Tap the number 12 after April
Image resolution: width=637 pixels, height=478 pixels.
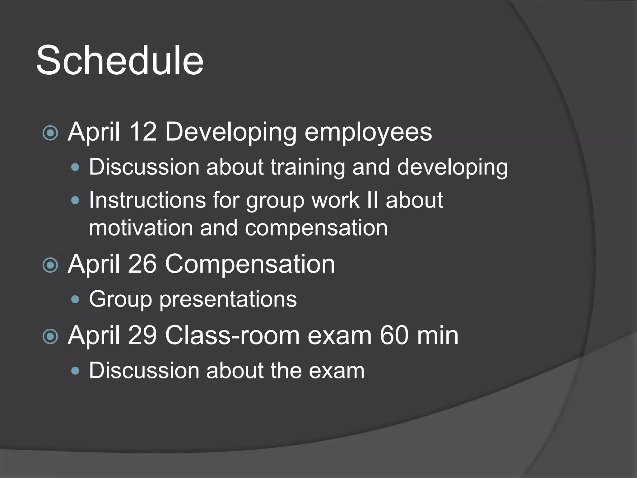142,132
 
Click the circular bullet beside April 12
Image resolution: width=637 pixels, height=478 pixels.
50,133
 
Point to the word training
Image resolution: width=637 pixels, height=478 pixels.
308,167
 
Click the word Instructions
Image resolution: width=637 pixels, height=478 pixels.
147,200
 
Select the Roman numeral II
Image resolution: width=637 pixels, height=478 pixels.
373,200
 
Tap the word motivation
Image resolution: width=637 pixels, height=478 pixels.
141,228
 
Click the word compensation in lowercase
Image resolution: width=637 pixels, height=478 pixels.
316,228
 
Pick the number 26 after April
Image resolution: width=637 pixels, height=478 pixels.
142,264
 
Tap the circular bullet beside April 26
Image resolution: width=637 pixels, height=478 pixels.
50,265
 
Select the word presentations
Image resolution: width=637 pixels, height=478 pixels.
228,299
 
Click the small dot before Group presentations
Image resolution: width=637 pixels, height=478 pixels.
75,299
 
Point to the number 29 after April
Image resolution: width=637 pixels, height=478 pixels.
142,335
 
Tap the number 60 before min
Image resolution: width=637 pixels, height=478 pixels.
394,335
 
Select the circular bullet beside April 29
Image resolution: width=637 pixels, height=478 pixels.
50,337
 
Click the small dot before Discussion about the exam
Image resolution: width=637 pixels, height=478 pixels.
75,371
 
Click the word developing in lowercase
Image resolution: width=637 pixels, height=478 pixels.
452,167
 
